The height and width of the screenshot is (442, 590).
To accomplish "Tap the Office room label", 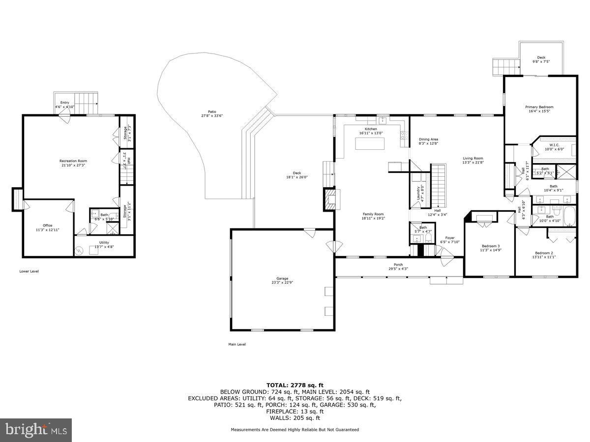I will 47,225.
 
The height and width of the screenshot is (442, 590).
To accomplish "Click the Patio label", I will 212,112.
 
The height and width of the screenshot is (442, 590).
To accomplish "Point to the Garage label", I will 282,278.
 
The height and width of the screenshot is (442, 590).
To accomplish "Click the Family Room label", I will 373,214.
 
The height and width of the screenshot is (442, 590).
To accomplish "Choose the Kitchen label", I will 371,129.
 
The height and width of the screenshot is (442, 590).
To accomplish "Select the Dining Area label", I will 428,139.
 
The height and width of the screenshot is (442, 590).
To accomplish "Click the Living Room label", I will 472,159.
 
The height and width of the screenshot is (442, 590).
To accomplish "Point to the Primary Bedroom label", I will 539,107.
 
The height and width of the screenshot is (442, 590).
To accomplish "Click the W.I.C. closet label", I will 554,145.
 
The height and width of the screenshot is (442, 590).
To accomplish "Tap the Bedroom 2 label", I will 544,253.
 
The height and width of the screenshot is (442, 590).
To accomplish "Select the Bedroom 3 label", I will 490,246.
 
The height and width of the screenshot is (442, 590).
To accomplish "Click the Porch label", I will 398,265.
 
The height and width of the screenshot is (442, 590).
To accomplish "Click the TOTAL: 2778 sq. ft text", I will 295,385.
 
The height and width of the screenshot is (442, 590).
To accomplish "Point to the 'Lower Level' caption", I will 29,271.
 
